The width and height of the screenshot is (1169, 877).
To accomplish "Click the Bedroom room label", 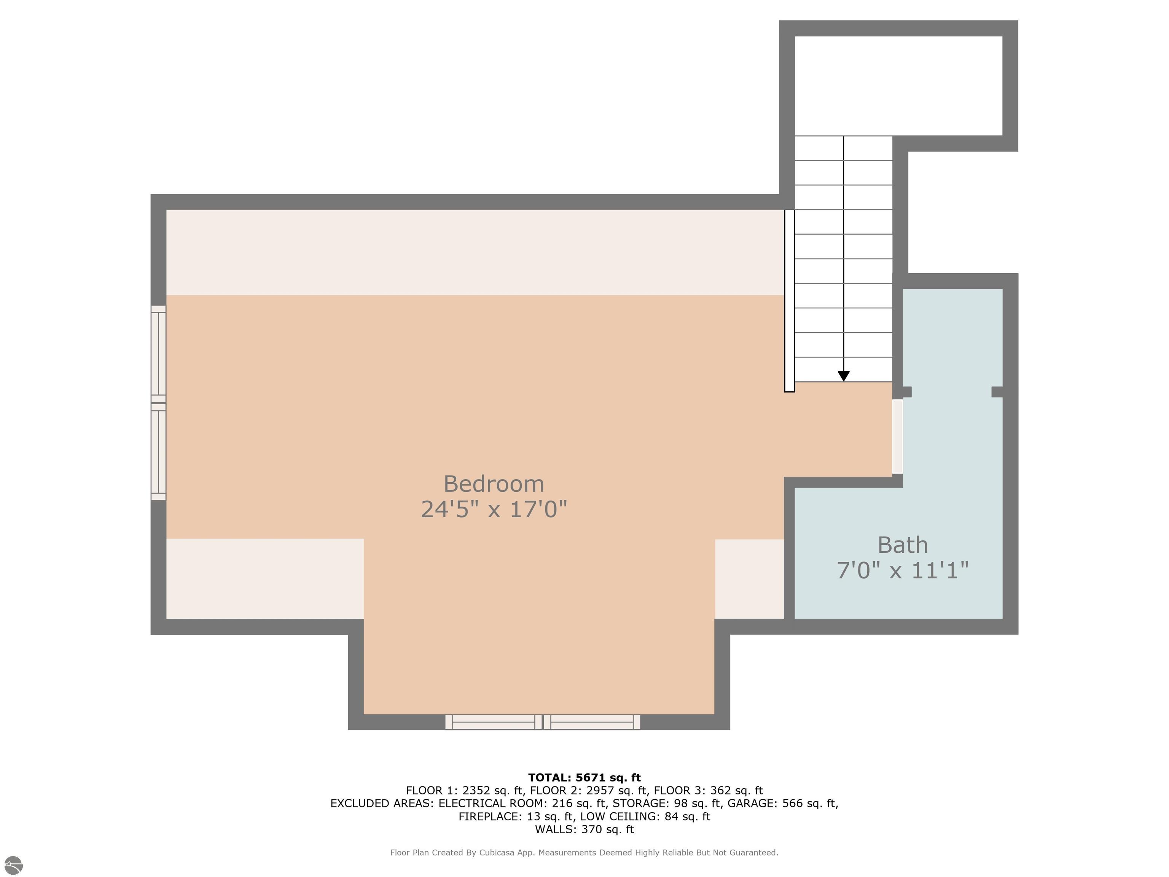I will pos(493,484).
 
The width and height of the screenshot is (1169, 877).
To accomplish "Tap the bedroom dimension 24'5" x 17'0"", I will pos(493,510).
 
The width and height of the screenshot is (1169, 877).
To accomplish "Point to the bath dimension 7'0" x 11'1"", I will pos(902,571).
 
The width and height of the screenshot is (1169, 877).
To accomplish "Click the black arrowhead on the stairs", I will pos(844,376).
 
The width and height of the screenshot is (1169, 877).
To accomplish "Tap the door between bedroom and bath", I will pos(897,436).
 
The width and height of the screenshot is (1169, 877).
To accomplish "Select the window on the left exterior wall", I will pos(159,403).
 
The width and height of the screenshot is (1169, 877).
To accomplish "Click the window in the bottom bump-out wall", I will pos(542,722).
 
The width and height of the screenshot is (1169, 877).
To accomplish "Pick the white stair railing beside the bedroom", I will pos(789,300).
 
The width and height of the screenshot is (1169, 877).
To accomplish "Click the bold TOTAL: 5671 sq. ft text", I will pos(584,778).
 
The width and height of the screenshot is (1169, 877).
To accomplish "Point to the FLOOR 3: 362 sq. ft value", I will pos(708,791).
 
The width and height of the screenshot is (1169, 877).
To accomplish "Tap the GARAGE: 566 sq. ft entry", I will pos(782,804).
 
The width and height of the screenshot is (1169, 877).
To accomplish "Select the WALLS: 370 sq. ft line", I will pos(584,829).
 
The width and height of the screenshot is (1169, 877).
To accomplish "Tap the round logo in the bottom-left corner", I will pos(13,865).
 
